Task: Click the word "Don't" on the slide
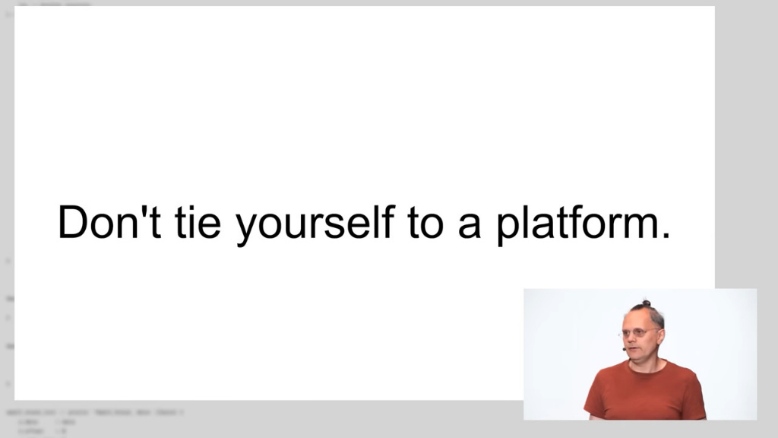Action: click(x=109, y=222)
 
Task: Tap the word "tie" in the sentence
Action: click(x=198, y=222)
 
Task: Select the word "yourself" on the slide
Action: click(x=315, y=225)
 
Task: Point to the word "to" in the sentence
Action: click(x=425, y=224)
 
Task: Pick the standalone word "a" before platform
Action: click(x=470, y=227)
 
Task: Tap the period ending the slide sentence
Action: click(x=666, y=236)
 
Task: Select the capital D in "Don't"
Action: click(x=73, y=222)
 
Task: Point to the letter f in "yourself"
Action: click(x=388, y=221)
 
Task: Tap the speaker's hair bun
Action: click(x=647, y=303)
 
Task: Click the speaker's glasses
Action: click(x=640, y=332)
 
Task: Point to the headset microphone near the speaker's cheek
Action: click(x=625, y=349)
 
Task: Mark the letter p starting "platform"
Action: click(x=509, y=230)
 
